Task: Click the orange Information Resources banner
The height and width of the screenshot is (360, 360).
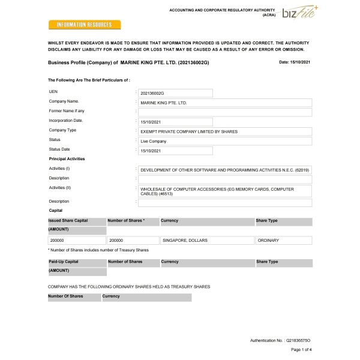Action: point(84,25)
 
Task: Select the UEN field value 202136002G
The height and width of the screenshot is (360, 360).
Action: point(175,93)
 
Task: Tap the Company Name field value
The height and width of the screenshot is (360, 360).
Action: point(224,103)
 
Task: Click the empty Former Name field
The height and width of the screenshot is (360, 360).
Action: point(224,112)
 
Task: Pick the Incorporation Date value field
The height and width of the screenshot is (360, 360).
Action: point(175,122)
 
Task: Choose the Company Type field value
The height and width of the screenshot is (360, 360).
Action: point(224,131)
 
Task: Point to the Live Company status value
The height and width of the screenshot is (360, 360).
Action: point(175,141)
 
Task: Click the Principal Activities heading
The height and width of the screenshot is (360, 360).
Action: point(67,158)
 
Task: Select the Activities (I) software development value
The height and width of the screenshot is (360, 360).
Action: point(224,170)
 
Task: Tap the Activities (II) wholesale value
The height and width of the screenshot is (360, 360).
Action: point(224,191)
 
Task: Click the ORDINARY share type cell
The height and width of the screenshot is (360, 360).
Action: point(283,240)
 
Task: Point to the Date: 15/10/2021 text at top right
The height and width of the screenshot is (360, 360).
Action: point(295,62)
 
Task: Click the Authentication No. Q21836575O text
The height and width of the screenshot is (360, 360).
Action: point(280,340)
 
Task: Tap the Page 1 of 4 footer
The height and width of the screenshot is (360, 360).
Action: point(301,349)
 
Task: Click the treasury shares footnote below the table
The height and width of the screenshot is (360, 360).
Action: point(98,250)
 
